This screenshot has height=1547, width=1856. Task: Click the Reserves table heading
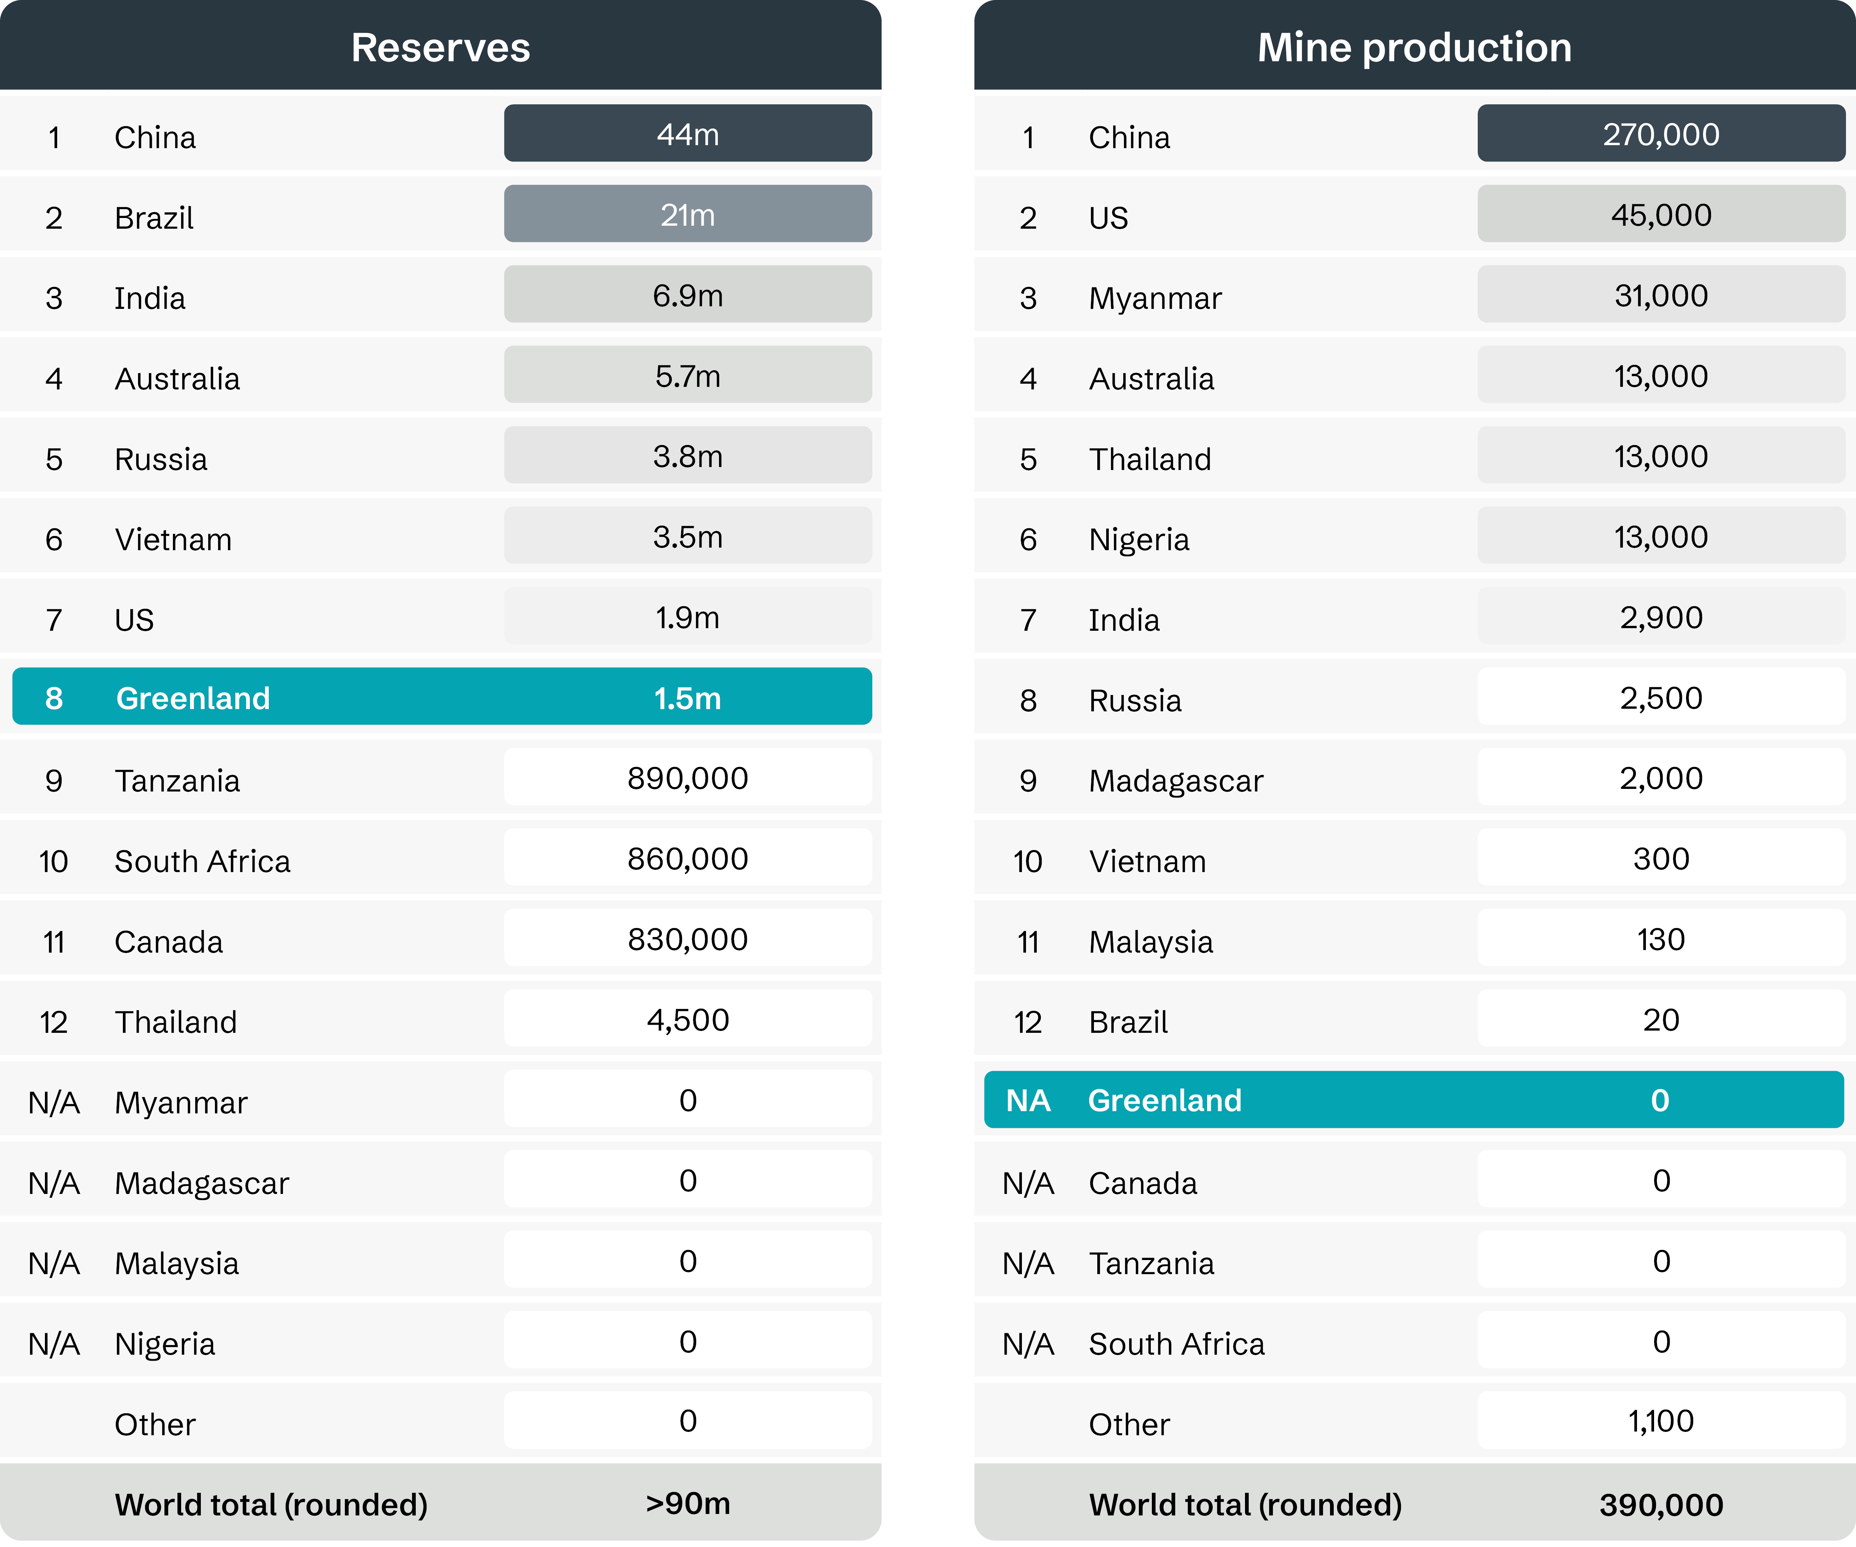coord(440,47)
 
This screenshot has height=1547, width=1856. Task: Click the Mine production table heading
coord(1414,47)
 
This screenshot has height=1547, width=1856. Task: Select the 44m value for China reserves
coord(687,134)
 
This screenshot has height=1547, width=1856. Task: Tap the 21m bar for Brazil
coord(687,215)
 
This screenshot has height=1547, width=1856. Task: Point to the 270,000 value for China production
coord(1661,134)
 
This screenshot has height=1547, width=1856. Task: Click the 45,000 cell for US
coord(1661,215)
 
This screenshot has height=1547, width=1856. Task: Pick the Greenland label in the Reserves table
coord(193,698)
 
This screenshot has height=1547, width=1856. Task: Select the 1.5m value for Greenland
coord(687,698)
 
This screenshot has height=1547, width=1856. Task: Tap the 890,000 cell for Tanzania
coord(687,778)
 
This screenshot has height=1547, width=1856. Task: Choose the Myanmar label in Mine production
coord(1154,298)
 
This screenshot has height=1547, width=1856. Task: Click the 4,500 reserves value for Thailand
coord(687,1020)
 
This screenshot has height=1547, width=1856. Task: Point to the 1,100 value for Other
coord(1661,1422)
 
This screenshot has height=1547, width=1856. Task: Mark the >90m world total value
coord(687,1504)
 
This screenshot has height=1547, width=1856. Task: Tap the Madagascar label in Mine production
coord(1176,781)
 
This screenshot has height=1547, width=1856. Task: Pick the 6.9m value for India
coord(687,295)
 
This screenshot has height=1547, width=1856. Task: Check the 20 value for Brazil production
coord(1661,1020)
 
